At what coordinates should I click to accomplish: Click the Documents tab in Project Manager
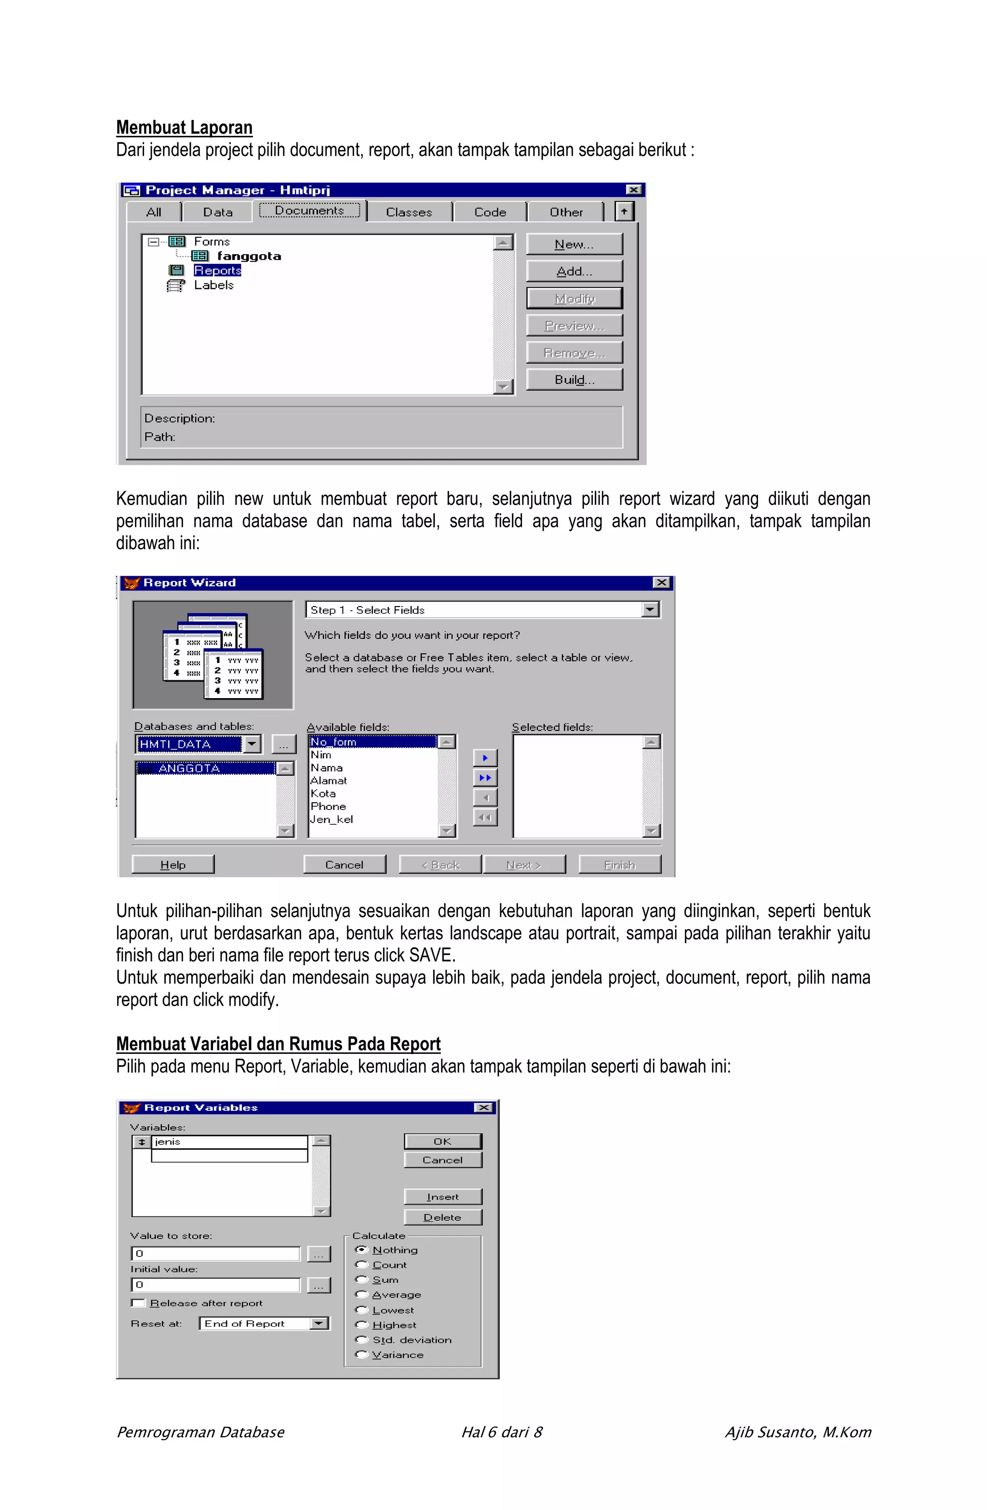[309, 211]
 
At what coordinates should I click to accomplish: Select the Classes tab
[409, 213]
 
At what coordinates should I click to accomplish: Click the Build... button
[574, 379]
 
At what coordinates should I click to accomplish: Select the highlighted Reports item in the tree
[217, 270]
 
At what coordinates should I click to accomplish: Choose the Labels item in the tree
[213, 285]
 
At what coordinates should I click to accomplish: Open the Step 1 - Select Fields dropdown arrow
[650, 610]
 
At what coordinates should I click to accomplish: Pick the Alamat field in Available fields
[329, 781]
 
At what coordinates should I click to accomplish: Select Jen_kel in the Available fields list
[331, 819]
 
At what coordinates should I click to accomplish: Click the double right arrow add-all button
[485, 777]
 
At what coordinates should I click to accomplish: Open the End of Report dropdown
[319, 1323]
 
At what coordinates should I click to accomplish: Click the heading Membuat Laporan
[184, 128]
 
